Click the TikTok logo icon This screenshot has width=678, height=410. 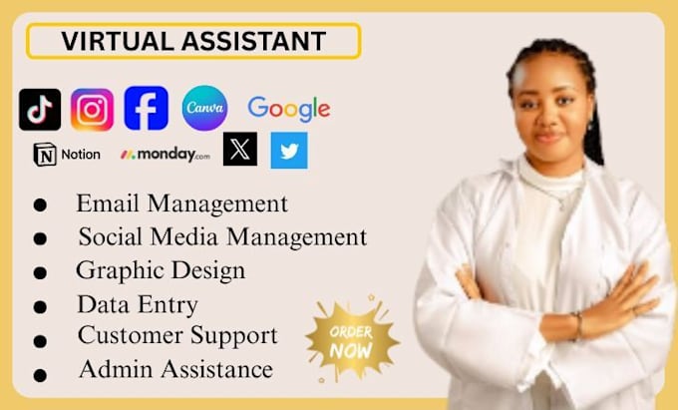click(x=40, y=110)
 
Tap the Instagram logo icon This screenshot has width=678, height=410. click(x=92, y=110)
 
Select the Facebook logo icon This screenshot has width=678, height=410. click(x=146, y=108)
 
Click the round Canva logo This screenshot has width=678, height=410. click(x=204, y=108)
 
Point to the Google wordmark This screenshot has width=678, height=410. click(x=288, y=109)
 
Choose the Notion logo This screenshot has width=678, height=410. click(x=67, y=155)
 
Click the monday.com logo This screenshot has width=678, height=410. click(x=165, y=155)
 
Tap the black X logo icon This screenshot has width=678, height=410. click(x=240, y=150)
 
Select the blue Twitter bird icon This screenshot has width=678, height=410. click(x=289, y=150)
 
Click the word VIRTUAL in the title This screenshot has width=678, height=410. click(x=109, y=41)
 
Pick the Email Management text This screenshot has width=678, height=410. click(x=181, y=204)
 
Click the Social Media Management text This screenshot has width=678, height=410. click(x=222, y=236)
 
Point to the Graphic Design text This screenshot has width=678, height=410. click(x=160, y=270)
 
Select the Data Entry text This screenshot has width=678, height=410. click(x=137, y=304)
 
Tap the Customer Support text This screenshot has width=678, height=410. click(x=177, y=335)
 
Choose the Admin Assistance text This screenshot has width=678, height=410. click(x=174, y=369)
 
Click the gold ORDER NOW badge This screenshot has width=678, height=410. click(x=351, y=340)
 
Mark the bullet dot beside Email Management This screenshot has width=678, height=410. click(x=40, y=205)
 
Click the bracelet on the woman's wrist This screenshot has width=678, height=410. click(x=577, y=324)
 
